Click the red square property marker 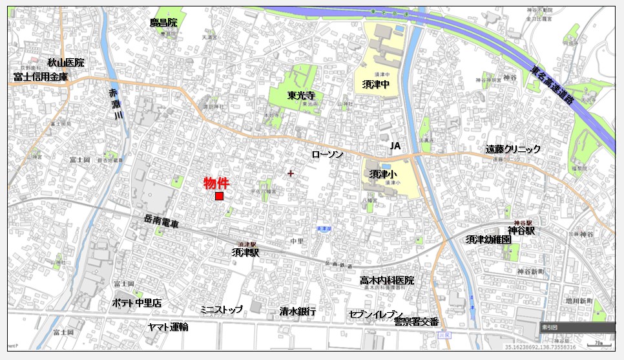pos(219,196)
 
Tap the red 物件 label pos(216,183)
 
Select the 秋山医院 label pos(66,63)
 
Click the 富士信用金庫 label pos(40,76)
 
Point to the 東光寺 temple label pos(301,95)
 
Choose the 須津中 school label pos(375,84)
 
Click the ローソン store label pos(327,154)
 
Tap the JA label pos(395,147)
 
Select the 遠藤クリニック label pos(513,149)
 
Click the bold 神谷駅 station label pos(521,230)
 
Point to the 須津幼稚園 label pos(488,239)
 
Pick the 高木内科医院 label pos(387,281)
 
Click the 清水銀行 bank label pos(298,312)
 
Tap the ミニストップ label pos(222,310)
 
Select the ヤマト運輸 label pos(168,327)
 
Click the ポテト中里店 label pos(136,302)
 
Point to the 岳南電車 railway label pos(161,224)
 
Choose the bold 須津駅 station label pos(245,253)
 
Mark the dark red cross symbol pos(291,173)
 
